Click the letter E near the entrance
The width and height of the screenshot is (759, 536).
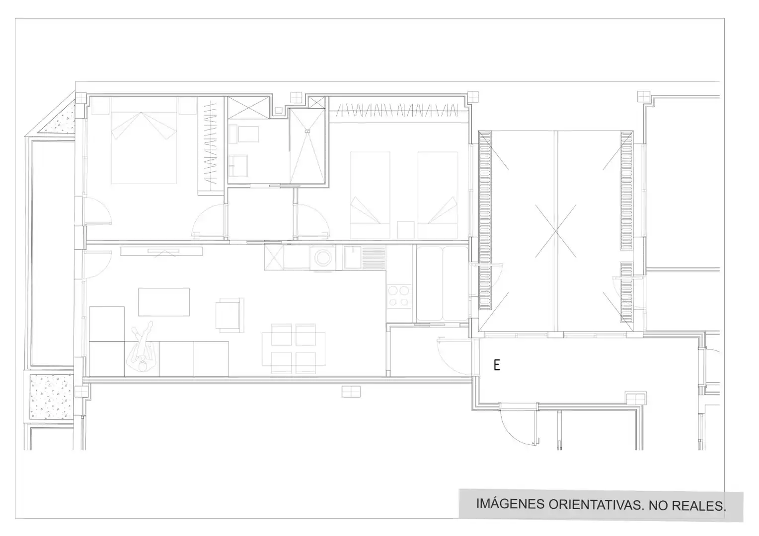[497, 365]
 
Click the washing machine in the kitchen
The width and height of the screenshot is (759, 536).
[323, 258]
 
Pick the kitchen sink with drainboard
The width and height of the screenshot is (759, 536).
[364, 258]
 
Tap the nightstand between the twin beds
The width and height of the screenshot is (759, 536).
[406, 230]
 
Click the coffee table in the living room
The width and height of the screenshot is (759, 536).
[164, 302]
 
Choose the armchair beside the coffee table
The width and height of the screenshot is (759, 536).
[229, 315]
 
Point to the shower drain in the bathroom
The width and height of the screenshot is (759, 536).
[307, 131]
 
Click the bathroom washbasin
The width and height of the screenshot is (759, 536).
[238, 166]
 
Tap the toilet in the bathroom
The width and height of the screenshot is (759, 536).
[243, 134]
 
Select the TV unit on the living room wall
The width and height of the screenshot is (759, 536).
[161, 251]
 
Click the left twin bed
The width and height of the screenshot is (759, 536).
[370, 195]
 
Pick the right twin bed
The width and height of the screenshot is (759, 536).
[438, 195]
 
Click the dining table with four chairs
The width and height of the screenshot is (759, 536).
[294, 349]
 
